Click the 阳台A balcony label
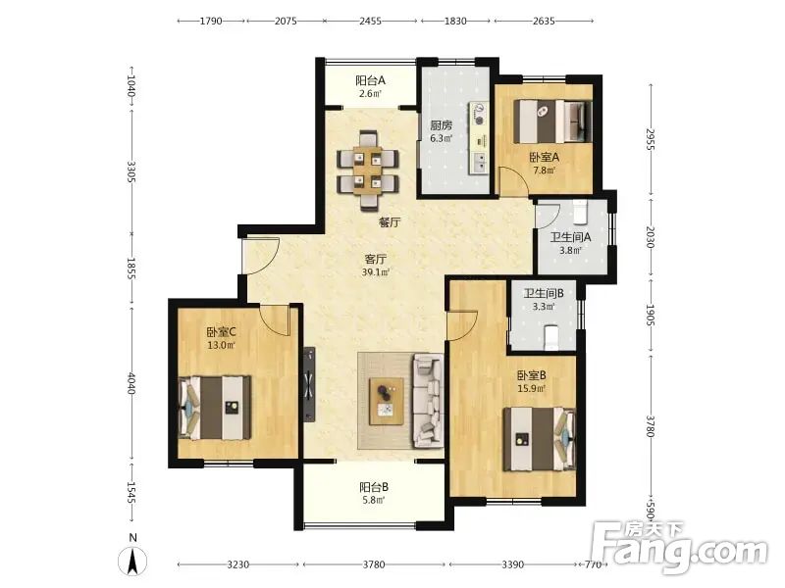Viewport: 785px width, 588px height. coord(371,80)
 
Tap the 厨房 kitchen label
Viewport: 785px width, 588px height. coord(441,125)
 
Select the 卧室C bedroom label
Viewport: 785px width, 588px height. coord(222,332)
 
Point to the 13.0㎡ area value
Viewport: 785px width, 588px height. coord(222,345)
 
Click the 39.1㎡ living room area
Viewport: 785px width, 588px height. coord(376,272)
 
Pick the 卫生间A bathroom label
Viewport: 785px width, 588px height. coord(570,237)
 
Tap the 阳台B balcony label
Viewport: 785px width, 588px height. coord(374,486)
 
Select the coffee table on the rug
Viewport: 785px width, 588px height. coord(387,402)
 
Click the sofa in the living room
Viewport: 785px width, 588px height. coord(428,401)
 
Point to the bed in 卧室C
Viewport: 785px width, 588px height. coord(215,408)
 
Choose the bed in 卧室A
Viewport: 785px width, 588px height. coord(553,122)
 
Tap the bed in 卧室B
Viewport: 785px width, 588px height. coord(539,439)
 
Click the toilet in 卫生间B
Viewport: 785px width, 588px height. coord(551,338)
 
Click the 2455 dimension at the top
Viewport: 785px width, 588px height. coord(371,21)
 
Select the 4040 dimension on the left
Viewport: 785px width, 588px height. coord(131,383)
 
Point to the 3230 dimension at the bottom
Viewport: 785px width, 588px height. coord(238,564)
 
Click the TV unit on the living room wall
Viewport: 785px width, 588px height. coord(309,384)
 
